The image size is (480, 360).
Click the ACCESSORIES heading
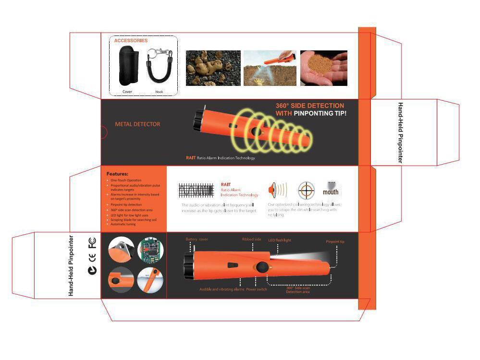(x=131, y=41)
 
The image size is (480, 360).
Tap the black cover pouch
(x=128, y=65)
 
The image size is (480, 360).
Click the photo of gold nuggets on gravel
(x=213, y=68)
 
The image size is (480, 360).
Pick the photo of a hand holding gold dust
(x=323, y=68)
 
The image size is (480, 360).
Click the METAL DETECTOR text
(x=137, y=124)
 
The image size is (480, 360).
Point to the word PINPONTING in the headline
(x=313, y=113)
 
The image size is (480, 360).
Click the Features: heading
(x=117, y=174)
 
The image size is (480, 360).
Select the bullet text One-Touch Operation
(x=126, y=180)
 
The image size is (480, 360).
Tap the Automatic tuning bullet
(x=123, y=224)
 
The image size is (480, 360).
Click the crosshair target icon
(x=306, y=191)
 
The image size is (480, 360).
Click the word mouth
(x=331, y=192)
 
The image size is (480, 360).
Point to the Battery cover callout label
(x=197, y=239)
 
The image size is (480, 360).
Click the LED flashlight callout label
(x=280, y=240)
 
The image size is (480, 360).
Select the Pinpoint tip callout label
(x=335, y=241)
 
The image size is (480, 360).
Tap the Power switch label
(x=257, y=289)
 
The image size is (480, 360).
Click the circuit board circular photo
(x=150, y=251)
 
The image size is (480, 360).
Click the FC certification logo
(x=92, y=243)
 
